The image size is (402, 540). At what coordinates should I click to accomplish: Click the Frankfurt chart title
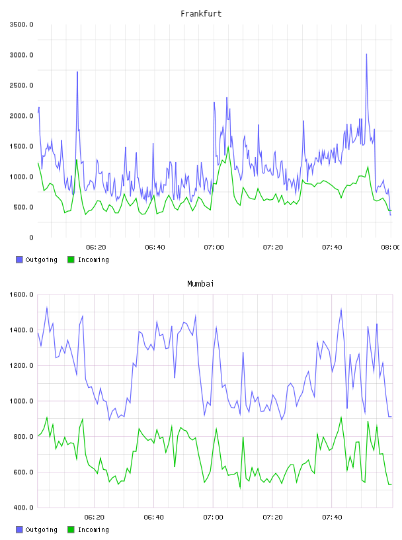pos(201,14)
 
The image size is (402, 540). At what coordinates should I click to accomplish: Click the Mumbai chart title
pos(200,284)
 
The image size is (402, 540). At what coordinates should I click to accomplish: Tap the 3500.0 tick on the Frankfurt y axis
pos(22,24)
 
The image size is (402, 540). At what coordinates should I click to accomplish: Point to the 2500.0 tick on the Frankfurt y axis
pos(22,85)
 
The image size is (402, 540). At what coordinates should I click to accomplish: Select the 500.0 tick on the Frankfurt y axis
pos(23,207)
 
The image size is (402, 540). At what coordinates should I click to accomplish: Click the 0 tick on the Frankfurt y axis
pos(31,238)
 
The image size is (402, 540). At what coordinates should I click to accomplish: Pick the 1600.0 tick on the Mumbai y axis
pos(22,294)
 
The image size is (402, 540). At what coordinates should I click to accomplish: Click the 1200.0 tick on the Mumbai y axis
pos(22,365)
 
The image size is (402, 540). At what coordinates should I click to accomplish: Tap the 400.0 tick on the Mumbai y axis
pos(23,508)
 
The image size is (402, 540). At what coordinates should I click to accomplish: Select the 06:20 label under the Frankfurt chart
pos(96,247)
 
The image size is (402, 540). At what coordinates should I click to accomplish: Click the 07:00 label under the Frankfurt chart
pos(214,247)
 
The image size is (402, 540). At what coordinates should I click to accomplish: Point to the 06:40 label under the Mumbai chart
pos(153,517)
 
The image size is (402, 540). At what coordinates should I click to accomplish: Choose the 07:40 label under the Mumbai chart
pos(332,517)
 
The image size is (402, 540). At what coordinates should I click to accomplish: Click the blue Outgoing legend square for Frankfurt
pos(19,259)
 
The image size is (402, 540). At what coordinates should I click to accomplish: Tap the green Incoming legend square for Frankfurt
pos(71,259)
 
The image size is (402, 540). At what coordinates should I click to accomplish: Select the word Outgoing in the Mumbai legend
pos(41,529)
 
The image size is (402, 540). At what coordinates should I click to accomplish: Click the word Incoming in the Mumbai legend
pos(93,529)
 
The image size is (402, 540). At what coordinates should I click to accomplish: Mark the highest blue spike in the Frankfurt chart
pos(366,54)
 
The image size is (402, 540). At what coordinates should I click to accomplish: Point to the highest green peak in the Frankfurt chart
pos(228,148)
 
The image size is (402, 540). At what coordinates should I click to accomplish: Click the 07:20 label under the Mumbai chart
pos(272,517)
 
